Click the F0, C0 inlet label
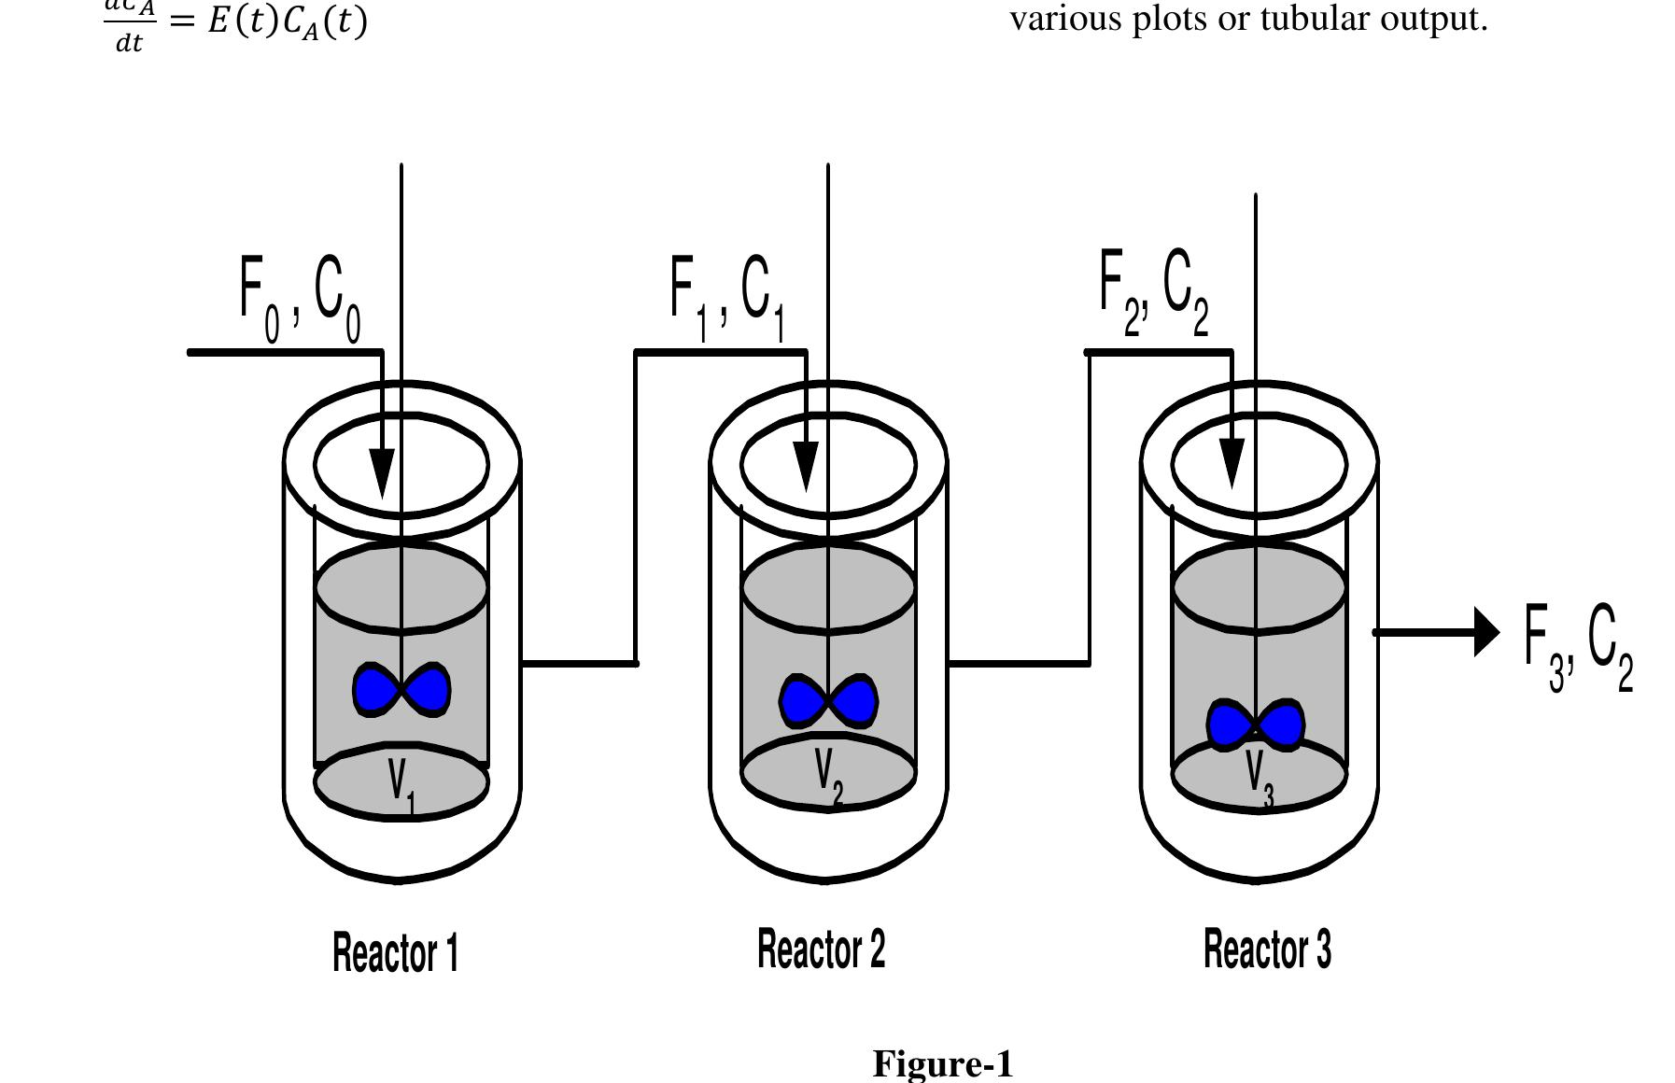(x=300, y=299)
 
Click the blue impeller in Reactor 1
(x=401, y=690)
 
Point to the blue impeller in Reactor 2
(x=828, y=701)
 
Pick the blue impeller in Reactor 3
(x=1255, y=724)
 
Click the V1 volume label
(x=401, y=782)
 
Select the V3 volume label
(x=1258, y=778)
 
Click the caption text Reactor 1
(x=396, y=953)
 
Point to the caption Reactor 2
(x=821, y=949)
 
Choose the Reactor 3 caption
(x=1267, y=949)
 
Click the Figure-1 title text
(x=942, y=1063)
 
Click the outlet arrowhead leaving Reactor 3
(x=1485, y=632)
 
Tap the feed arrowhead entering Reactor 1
(x=382, y=472)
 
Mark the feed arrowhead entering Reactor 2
(x=806, y=466)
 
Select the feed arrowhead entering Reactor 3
(x=1232, y=462)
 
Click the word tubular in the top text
(x=1317, y=18)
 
